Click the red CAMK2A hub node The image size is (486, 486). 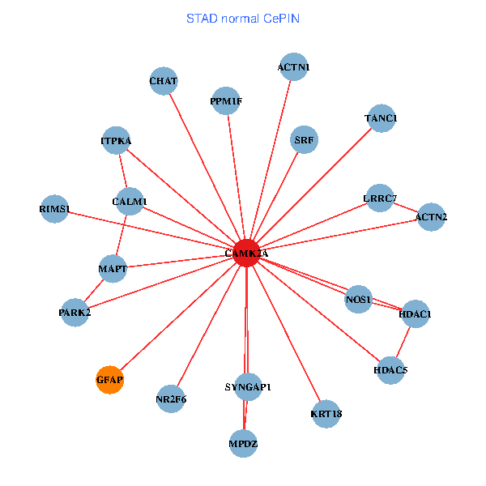(246, 254)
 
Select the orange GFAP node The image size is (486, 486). (109, 379)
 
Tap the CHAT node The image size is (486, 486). (164, 81)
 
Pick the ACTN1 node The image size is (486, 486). (293, 67)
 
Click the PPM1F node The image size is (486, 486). (226, 101)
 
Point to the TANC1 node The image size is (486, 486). (381, 118)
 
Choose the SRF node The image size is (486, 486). (305, 139)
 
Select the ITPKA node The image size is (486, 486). (117, 141)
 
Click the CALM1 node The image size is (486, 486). (130, 201)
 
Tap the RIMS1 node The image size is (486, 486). (55, 209)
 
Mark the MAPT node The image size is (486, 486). (113, 268)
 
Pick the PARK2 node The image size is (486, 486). (75, 312)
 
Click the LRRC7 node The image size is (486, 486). (380, 198)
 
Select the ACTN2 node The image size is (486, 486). (431, 216)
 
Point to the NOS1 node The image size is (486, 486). (358, 300)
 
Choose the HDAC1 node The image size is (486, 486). (416, 313)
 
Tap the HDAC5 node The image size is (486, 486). (390, 370)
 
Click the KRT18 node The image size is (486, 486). (326, 414)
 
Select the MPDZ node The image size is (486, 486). (244, 443)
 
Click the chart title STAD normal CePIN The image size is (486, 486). (243, 18)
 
